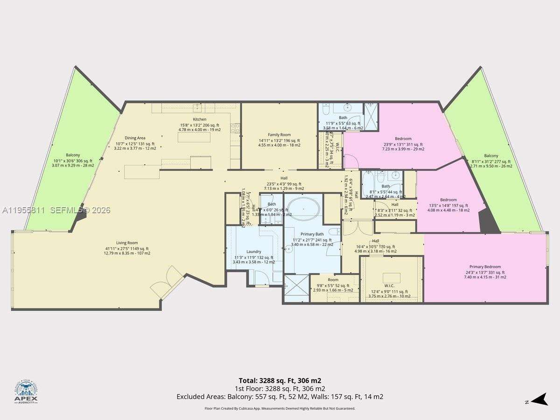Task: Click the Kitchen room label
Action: [200, 119]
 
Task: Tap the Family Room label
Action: [279, 135]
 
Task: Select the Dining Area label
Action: [135, 138]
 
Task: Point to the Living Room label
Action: [127, 243]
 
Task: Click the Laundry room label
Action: [253, 252]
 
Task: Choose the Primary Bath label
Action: [312, 234]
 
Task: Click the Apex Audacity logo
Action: [26, 392]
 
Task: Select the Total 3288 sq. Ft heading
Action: [280, 380]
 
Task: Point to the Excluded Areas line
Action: [280, 397]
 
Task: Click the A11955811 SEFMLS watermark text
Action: [56, 210]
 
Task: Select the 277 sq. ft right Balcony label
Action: [490, 156]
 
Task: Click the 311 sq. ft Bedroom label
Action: [403, 139]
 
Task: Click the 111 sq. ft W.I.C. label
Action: [389, 286]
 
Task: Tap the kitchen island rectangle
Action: [200, 138]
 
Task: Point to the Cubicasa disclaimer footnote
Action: [280, 408]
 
